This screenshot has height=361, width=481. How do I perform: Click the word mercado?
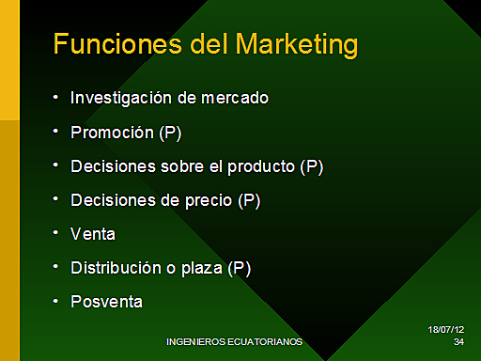[x=235, y=98]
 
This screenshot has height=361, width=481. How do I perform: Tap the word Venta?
[x=92, y=233]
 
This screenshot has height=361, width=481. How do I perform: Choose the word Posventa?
[x=106, y=301]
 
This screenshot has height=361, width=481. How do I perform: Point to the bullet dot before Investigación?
[x=56, y=96]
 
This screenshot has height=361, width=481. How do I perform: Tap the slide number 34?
[x=458, y=342]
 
